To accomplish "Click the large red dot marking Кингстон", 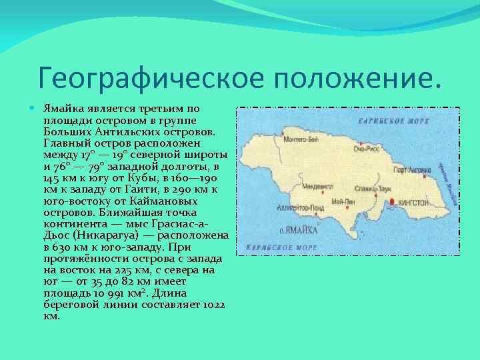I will pyautogui.click(x=392, y=201).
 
